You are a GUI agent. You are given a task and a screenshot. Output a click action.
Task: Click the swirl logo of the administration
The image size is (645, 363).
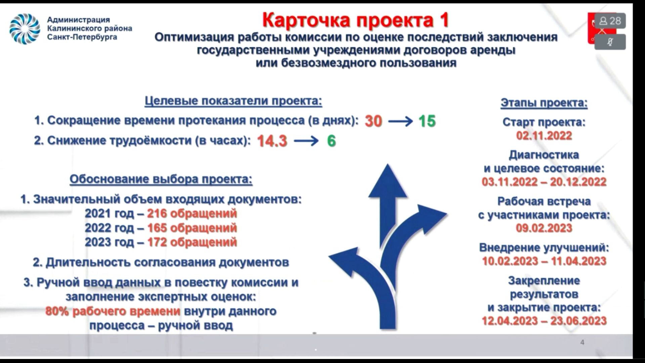[25, 29]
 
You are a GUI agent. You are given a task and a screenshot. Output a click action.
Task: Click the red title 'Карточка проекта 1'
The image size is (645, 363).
[355, 20]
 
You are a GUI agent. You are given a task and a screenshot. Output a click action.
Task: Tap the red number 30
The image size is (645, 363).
[374, 121]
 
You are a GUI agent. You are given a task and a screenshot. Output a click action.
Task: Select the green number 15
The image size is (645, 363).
[427, 121]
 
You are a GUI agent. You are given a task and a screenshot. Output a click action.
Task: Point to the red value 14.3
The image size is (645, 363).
[272, 141]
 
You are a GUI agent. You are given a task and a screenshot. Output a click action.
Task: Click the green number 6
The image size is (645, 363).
[332, 141]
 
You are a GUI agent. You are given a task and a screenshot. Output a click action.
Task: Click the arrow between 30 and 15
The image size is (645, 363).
[400, 121]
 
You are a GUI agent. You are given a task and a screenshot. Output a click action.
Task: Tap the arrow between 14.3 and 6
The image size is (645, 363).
[306, 141]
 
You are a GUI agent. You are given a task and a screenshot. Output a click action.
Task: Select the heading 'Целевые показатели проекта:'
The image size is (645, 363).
[233, 101]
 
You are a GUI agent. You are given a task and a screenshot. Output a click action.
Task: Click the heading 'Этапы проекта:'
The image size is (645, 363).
[544, 103]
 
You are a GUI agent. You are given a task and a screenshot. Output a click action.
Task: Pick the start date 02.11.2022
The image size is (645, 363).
[544, 135]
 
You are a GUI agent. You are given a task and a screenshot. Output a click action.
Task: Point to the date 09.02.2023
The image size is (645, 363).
[544, 228]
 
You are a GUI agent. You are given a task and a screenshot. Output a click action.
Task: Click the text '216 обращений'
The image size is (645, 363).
[192, 213]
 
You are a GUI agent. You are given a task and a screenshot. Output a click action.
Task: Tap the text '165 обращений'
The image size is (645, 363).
[192, 228]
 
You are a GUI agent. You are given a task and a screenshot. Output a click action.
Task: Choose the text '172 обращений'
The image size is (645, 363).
[192, 242]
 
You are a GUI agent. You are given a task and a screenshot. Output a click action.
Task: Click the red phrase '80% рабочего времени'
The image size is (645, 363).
[113, 311]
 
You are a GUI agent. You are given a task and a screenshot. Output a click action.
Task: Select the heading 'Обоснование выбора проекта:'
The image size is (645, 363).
[161, 179]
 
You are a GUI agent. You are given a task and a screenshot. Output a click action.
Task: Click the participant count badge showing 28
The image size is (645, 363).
[610, 21]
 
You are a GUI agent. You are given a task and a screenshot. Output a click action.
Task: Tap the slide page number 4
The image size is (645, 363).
[582, 342]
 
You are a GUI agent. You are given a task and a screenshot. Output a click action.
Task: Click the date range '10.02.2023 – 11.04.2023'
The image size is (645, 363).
[544, 261]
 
